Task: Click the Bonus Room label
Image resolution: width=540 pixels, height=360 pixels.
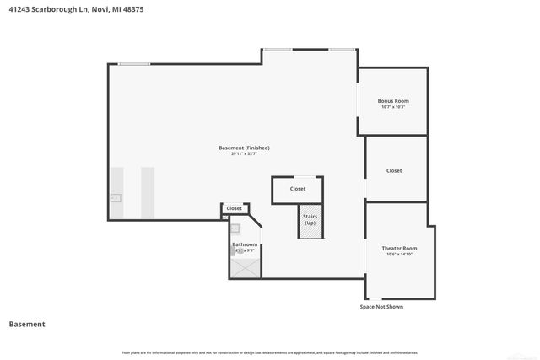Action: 393,101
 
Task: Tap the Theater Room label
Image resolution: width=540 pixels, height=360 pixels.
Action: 399,248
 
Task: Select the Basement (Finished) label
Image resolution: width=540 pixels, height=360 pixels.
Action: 244,148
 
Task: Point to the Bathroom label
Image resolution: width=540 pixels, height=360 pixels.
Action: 245,244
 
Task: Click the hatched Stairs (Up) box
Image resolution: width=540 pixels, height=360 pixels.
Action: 310,221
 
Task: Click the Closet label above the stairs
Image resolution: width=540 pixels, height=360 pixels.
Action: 297,189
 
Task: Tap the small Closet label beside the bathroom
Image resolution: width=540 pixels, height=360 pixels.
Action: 234,208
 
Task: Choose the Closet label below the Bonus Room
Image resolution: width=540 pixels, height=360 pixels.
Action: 394,170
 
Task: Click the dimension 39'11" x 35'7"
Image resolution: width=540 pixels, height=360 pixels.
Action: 244,153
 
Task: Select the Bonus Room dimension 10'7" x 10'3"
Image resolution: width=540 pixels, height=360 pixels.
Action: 393,107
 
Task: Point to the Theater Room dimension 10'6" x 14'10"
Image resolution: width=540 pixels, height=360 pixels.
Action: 399,254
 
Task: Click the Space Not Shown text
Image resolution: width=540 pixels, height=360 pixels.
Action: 381,307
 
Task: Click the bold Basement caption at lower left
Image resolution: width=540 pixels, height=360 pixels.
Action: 27,324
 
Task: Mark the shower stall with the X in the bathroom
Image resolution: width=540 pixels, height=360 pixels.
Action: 245,266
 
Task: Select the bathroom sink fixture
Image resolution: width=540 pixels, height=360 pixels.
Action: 235,228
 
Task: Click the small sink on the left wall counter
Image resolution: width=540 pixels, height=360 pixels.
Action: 116,198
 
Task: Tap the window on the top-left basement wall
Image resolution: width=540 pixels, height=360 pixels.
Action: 134,64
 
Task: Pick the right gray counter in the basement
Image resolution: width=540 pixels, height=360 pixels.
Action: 148,191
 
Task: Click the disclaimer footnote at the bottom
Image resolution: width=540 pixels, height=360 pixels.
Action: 269,352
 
